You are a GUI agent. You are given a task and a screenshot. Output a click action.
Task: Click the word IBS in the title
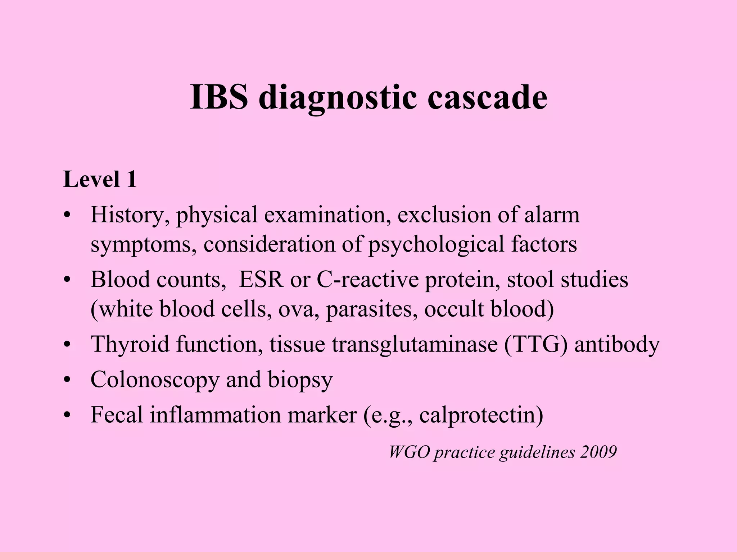pyautogui.click(x=219, y=97)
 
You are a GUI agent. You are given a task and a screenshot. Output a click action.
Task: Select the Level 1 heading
pyautogui.click(x=100, y=179)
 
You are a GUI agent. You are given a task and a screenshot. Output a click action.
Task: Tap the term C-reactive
pyautogui.click(x=367, y=279)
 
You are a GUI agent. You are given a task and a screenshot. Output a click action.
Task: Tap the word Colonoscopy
pyautogui.click(x=155, y=379)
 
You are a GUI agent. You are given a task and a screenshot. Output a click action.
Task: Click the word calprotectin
pyautogui.click(x=481, y=415)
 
